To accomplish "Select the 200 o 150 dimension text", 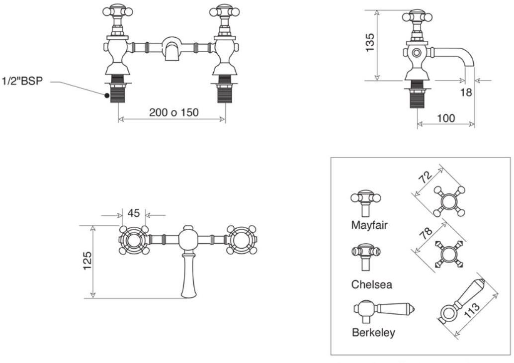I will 173,112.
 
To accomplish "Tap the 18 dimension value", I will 466,92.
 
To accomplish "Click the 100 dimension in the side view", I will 445,118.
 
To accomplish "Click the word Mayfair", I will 369,225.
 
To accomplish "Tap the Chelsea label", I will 371,285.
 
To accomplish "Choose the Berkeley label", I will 373,333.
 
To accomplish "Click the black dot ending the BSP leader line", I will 107,94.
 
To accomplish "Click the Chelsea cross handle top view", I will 449,255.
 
